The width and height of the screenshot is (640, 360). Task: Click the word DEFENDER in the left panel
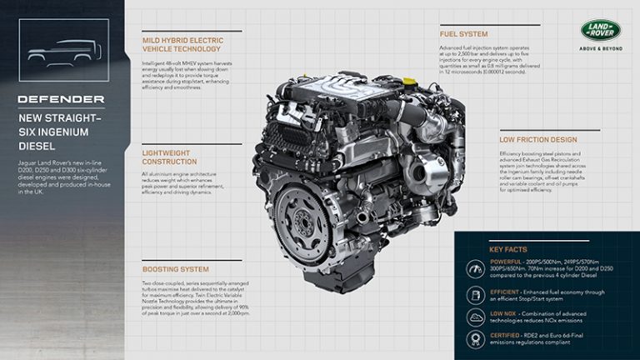coord(62,99)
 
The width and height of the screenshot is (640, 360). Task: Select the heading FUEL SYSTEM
coord(464,35)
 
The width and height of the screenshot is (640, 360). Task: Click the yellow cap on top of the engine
coord(409,81)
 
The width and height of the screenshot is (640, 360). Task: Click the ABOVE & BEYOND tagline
coord(601,49)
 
